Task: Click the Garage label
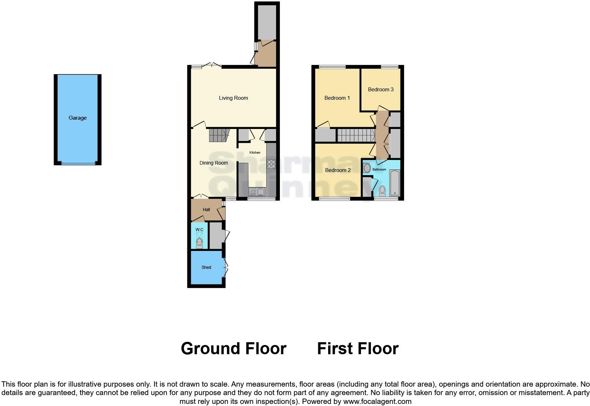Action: (77, 118)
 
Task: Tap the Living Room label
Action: (233, 98)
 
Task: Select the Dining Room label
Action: (213, 163)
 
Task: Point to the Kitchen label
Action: (255, 153)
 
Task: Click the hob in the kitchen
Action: (271, 164)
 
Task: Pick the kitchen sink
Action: (257, 192)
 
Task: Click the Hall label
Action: (206, 210)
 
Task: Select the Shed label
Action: (206, 267)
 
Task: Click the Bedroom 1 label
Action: (337, 98)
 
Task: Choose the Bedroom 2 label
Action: (338, 170)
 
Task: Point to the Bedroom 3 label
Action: (380, 90)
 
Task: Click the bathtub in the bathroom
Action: (395, 183)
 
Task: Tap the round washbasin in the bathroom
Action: (367, 168)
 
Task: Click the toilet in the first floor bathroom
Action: (382, 191)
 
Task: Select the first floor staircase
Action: (356, 135)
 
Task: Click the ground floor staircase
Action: (218, 135)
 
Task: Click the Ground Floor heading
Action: (233, 349)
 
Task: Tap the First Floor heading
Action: (357, 349)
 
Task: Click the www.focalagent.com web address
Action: (377, 401)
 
